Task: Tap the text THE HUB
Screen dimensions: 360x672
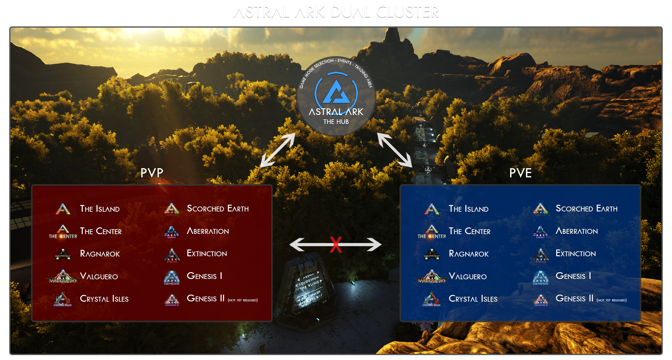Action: pos(336,122)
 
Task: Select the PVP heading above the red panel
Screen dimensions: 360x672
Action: pos(152,173)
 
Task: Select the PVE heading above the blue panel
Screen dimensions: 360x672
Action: pos(520,173)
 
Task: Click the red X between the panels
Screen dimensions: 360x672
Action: pos(336,245)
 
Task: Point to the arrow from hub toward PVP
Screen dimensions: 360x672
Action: pos(278,150)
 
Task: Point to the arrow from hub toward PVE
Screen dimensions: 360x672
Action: pos(395,150)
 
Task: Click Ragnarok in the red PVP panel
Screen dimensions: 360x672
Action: pos(100,254)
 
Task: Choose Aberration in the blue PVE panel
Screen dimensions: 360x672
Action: pos(577,231)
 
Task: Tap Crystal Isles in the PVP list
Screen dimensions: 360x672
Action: pos(104,299)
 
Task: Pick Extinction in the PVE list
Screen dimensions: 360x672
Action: pos(576,254)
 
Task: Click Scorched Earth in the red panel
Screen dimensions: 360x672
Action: pos(218,209)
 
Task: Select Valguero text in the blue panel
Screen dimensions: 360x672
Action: pos(468,276)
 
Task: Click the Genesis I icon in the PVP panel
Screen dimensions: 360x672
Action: pos(172,277)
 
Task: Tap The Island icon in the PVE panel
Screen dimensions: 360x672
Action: pos(432,209)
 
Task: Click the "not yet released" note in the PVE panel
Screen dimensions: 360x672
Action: pos(611,300)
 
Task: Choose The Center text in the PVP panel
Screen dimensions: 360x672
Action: pos(101,231)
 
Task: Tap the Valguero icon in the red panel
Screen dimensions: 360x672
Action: pos(63,277)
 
